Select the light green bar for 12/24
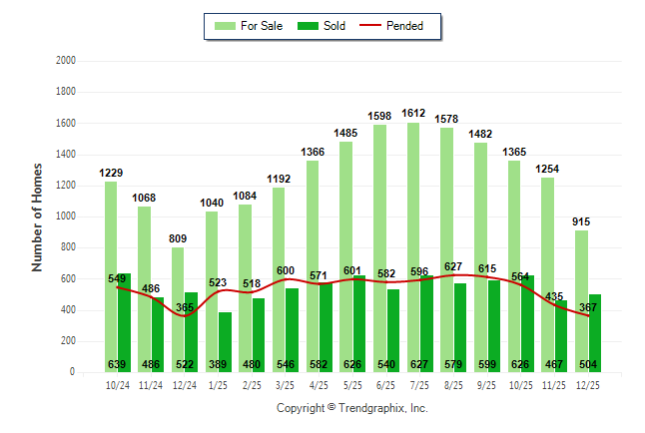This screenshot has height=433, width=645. click(178, 299)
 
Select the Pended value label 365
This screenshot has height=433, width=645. click(185, 307)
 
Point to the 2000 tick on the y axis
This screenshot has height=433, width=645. click(67, 61)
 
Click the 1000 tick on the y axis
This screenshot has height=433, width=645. click(67, 216)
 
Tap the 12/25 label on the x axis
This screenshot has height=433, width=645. click(588, 384)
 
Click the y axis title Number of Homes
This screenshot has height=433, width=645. click(37, 216)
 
